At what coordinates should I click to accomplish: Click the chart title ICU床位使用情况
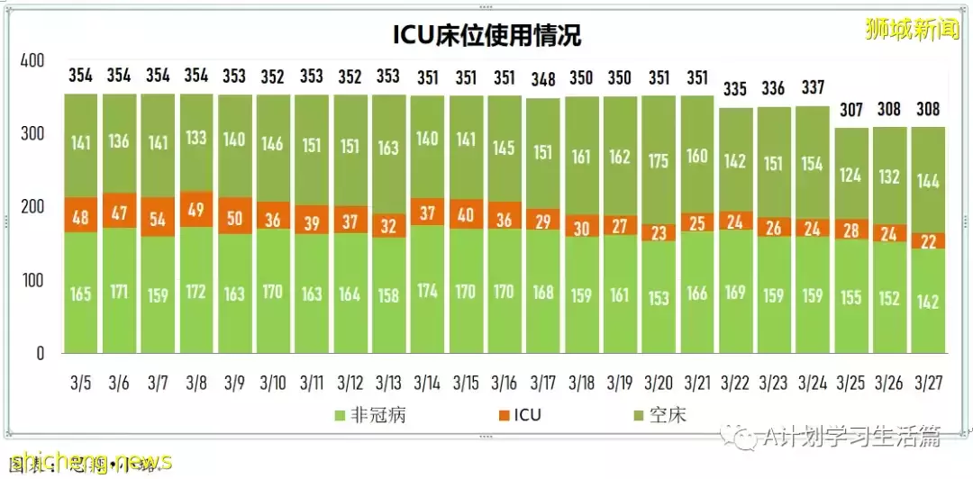pos(486,34)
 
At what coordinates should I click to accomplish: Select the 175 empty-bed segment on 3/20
pos(659,160)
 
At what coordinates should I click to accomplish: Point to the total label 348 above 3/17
pos(543,79)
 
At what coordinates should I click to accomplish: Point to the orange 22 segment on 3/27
pos(928,240)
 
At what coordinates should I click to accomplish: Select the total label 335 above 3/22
pos(736,89)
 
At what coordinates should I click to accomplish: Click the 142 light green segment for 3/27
pos(928,299)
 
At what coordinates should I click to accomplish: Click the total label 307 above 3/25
pos(850,110)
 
